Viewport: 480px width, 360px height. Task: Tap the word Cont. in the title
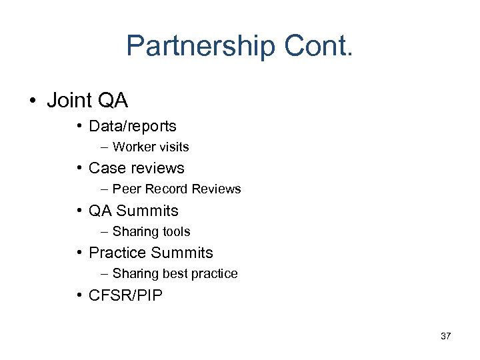[318, 46]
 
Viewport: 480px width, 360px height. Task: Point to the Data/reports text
[133, 126]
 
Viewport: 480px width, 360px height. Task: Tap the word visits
[173, 147]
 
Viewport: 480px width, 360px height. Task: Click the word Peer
[125, 189]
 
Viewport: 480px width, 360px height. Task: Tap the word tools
[175, 232]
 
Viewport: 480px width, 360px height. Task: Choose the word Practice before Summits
[117, 253]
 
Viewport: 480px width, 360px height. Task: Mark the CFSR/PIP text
[125, 295]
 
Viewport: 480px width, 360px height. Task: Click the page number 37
[445, 336]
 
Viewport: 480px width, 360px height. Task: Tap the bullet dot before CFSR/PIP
[79, 295]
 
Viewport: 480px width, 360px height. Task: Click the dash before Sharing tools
[105, 232]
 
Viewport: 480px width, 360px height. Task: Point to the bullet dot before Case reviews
[79, 168]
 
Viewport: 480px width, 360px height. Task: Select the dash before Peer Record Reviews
[105, 189]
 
